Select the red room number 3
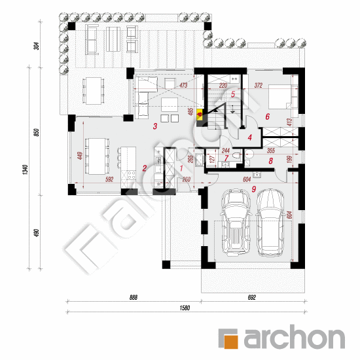154,126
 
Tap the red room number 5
232,94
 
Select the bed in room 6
281,96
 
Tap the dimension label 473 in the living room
183,85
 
